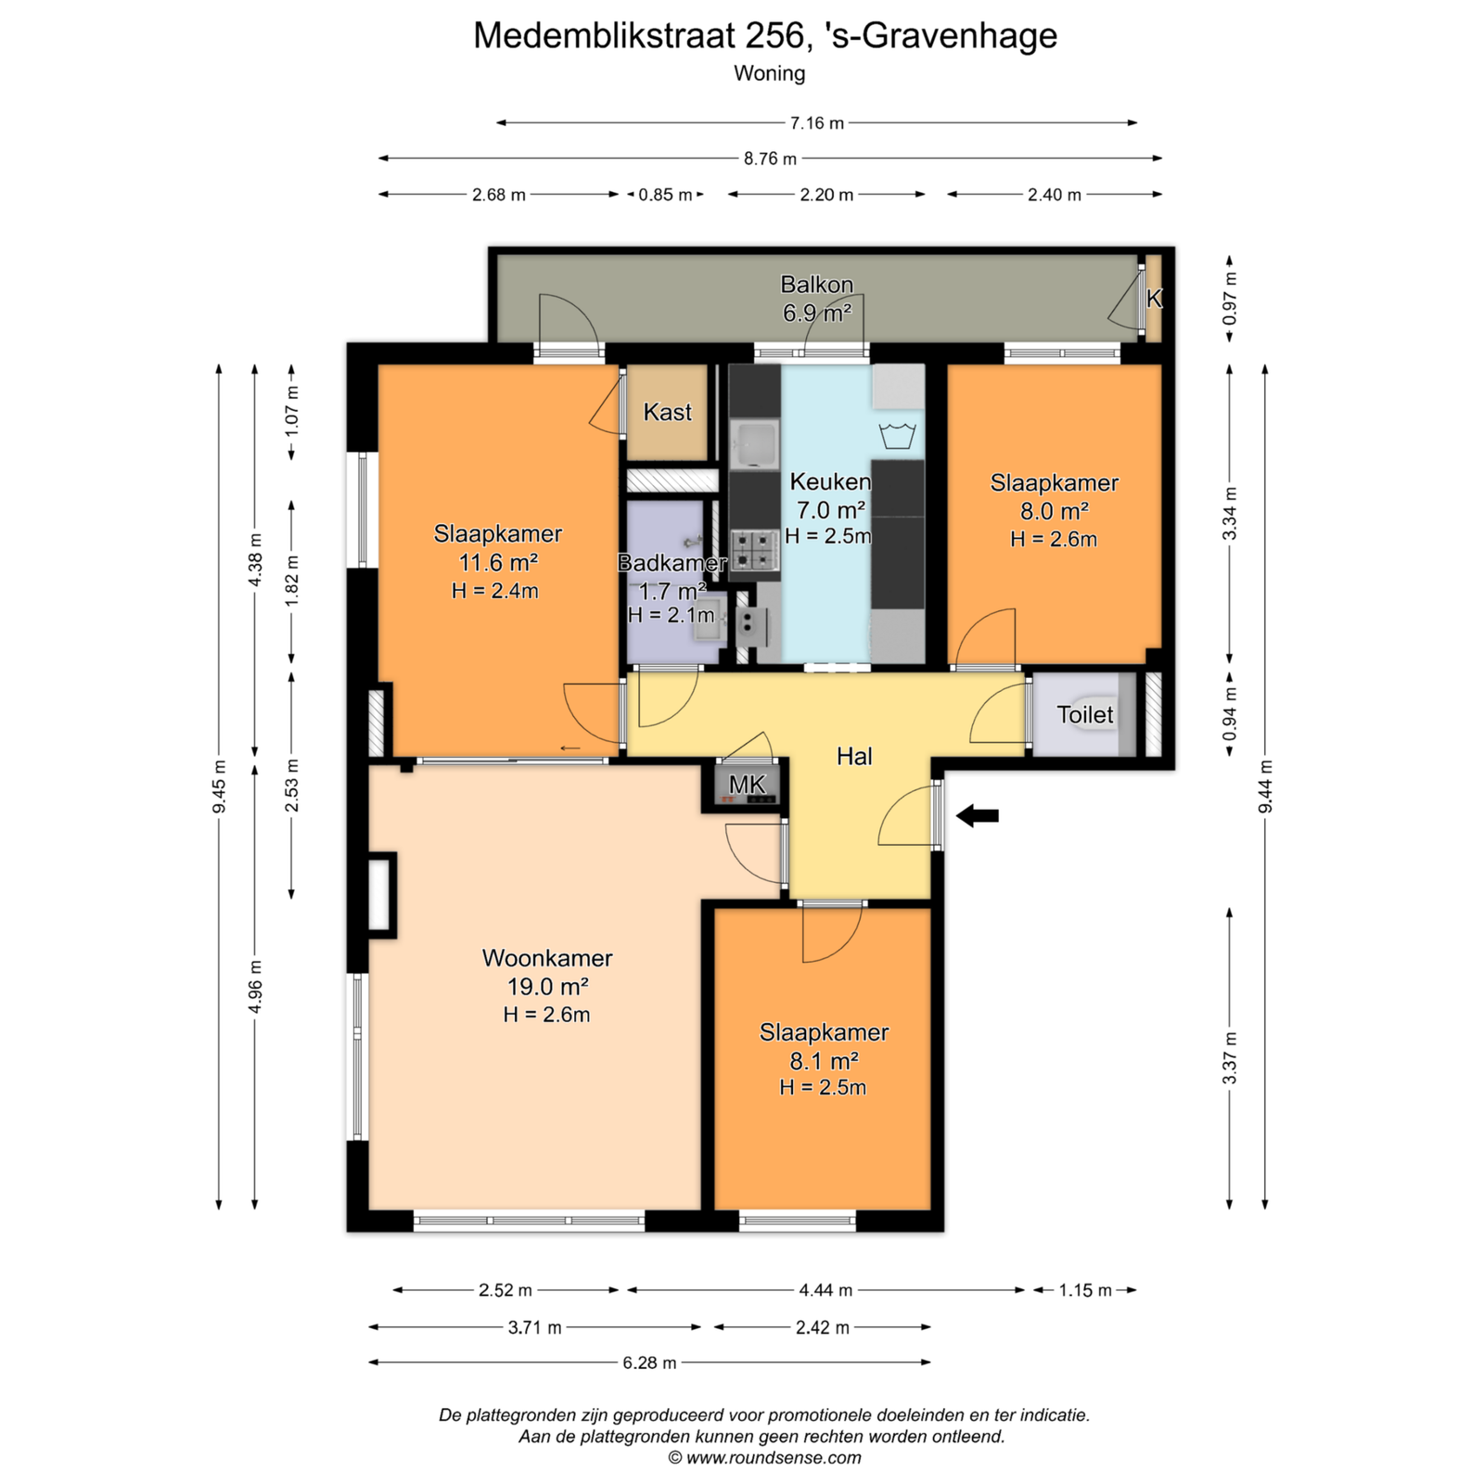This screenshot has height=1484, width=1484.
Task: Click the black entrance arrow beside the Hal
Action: click(x=978, y=816)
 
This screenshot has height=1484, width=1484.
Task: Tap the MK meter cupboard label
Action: click(x=748, y=785)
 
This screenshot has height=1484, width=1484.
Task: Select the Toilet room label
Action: click(x=1085, y=714)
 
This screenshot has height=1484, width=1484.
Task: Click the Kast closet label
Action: click(x=668, y=412)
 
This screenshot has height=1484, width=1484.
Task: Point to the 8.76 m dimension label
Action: click(x=770, y=159)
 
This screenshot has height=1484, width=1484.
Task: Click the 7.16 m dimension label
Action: click(x=817, y=122)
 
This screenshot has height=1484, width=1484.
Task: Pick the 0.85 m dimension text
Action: click(x=665, y=195)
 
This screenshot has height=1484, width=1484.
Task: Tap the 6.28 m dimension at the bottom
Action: click(x=649, y=1362)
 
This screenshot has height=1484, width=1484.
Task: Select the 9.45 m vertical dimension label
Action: click(x=219, y=787)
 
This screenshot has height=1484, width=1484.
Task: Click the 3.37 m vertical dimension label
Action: click(x=1230, y=1058)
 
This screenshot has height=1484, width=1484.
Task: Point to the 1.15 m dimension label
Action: click(x=1085, y=1290)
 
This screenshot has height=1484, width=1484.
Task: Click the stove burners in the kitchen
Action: click(x=754, y=549)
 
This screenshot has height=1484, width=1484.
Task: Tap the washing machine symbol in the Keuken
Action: click(x=898, y=435)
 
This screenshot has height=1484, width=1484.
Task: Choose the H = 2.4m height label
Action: click(x=495, y=591)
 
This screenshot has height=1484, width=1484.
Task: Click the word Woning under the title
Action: click(x=770, y=73)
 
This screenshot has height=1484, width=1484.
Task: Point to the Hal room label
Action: click(x=854, y=757)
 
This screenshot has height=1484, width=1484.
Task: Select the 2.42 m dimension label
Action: click(x=823, y=1327)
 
